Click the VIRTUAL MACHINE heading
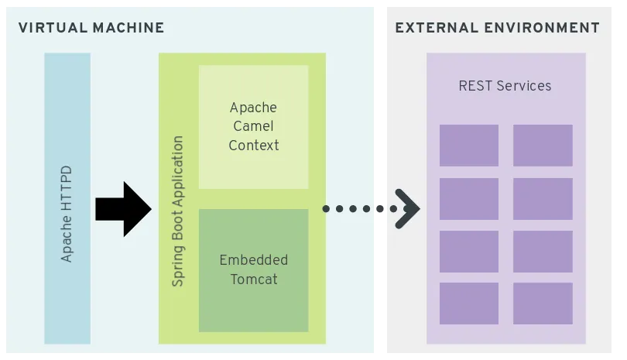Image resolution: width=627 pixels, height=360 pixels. pos(91,28)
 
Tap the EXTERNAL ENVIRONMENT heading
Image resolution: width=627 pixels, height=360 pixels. pos(498,28)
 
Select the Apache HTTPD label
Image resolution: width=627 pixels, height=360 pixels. pos(67,214)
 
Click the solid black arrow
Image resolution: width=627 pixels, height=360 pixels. pos(124,209)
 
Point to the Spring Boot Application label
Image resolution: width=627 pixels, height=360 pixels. pos(177,211)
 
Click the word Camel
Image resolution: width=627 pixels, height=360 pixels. pos(254,126)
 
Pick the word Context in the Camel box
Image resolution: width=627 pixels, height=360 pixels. pos(254,146)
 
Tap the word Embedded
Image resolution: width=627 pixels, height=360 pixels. pos(254,260)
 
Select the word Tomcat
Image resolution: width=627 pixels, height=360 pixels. pos(254,279)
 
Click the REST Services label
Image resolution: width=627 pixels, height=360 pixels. pos(505,86)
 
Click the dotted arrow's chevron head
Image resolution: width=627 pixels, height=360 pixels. pos(407,209)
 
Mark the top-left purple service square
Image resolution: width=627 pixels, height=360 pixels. pos(469,146)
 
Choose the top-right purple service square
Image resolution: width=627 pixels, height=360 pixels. pos(543,146)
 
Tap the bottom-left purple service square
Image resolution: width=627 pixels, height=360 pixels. pos(469,303)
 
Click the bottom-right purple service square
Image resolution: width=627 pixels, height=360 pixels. pos(543,303)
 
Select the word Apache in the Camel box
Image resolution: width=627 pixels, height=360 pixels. pos(254,108)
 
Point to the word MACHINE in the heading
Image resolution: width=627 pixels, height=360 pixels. pos(128,28)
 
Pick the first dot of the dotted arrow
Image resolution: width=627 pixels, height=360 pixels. pos(326,209)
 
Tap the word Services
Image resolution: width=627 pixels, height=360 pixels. pos(524,86)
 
